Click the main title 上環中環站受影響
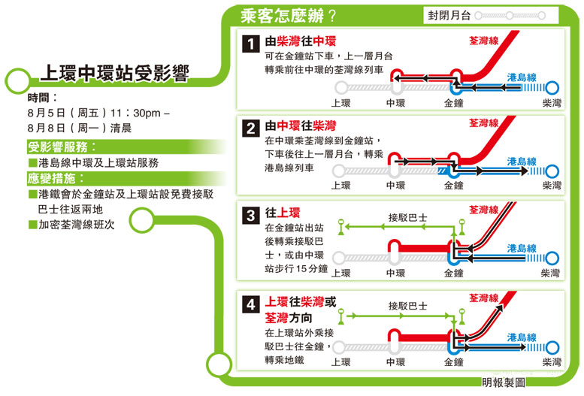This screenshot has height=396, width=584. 115,73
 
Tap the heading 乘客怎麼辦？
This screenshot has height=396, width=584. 289,16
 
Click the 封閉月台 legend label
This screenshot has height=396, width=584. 449,15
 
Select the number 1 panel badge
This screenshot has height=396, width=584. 250,44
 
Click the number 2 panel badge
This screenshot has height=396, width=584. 250,128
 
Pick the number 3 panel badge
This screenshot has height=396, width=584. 250,216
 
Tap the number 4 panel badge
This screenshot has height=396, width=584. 250,304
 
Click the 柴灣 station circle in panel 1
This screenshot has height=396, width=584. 552,88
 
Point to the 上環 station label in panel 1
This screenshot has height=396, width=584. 340,103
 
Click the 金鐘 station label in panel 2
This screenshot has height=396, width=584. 454,185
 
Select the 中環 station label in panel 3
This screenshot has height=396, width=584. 395,273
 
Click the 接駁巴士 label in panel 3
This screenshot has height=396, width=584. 407,218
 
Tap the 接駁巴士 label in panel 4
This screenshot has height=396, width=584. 407,307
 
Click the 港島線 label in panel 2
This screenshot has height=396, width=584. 522,162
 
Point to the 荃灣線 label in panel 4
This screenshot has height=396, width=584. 483,298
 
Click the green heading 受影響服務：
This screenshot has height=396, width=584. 62,147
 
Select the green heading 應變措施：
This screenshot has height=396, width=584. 56,178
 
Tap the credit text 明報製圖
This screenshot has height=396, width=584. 504,382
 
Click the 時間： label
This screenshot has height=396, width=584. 42,98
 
